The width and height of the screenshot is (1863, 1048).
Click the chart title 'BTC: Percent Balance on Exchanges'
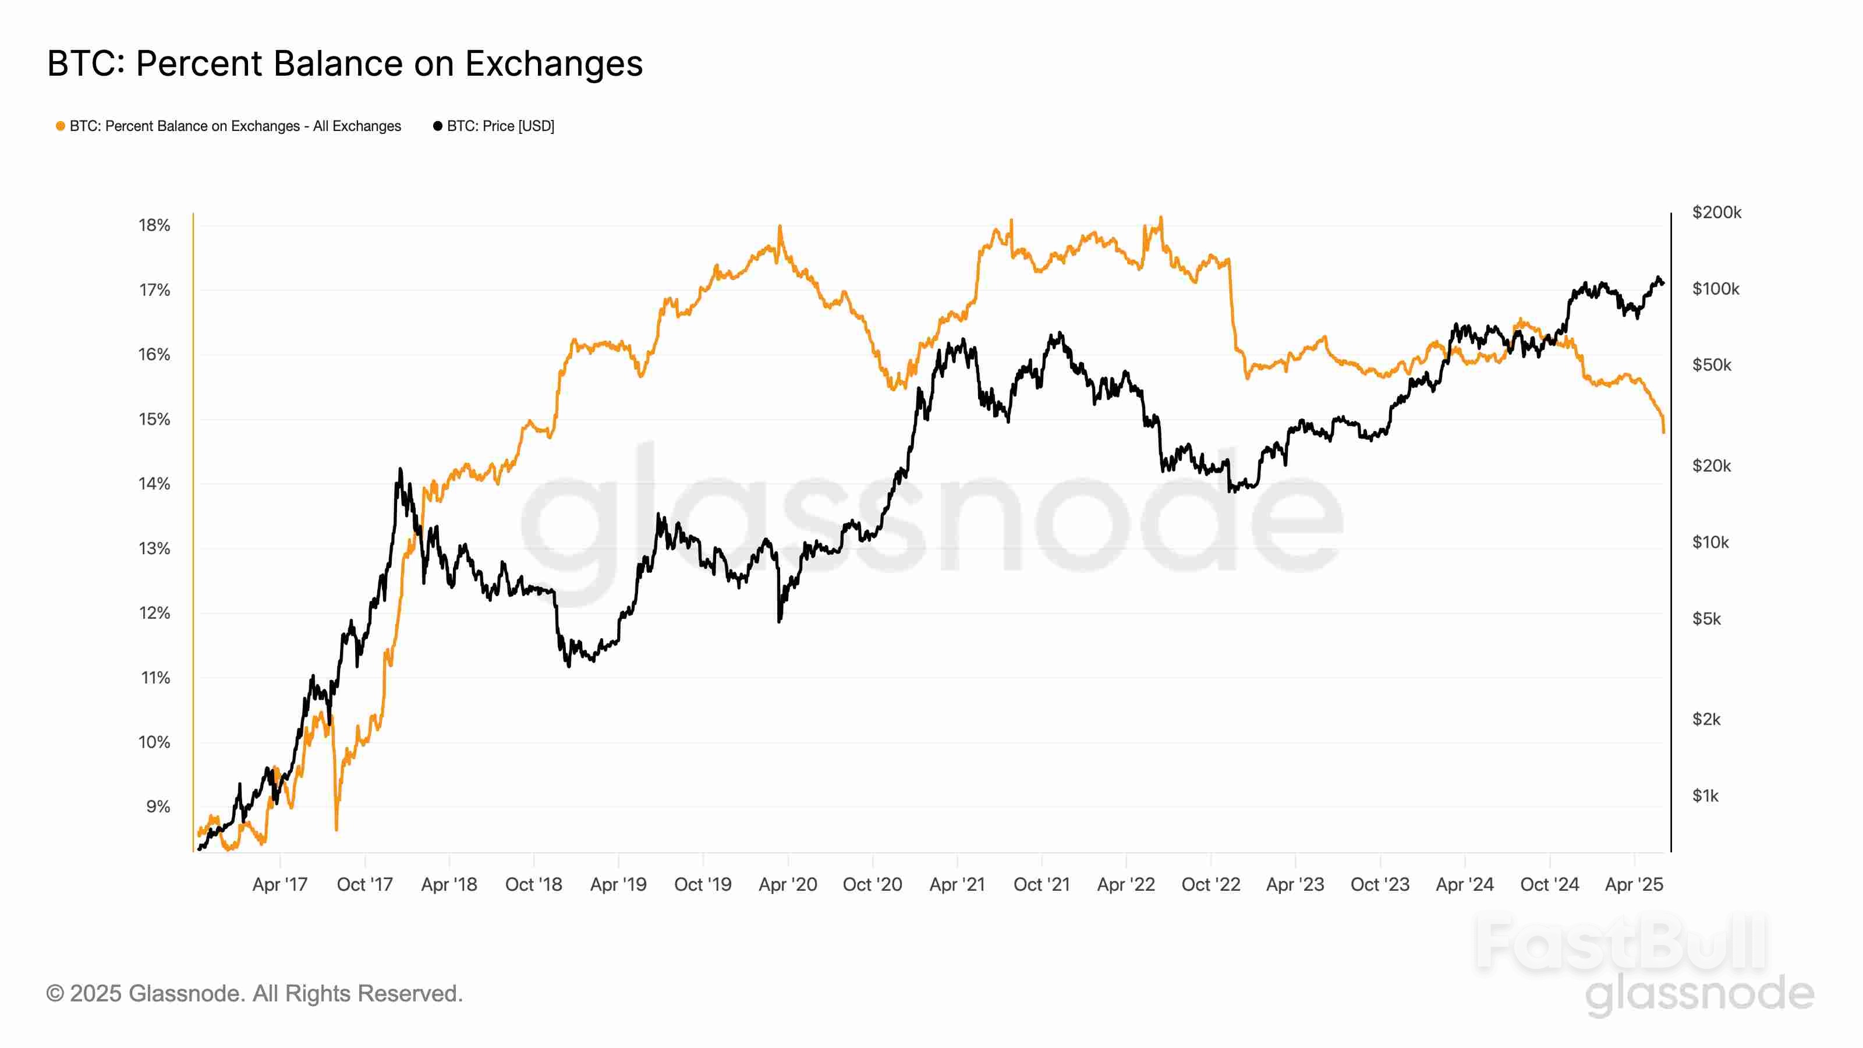[x=345, y=63]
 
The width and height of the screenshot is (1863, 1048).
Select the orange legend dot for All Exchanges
[x=61, y=126]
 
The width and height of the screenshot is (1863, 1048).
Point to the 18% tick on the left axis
[x=154, y=226]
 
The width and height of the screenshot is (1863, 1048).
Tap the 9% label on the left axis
[x=158, y=806]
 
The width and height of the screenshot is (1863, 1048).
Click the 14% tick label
[x=154, y=484]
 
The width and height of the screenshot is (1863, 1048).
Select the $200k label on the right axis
[x=1716, y=213]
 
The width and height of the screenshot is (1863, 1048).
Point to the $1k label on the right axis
[x=1705, y=795]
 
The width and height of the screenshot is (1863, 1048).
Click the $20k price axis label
[x=1711, y=466]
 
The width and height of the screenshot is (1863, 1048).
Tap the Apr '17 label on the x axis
[x=280, y=884]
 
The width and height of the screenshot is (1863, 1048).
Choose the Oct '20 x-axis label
[x=872, y=884]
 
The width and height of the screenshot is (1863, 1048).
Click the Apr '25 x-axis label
[x=1634, y=884]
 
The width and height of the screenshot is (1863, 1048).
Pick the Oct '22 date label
[x=1211, y=884]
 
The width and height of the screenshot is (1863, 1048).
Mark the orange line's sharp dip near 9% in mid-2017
[x=337, y=828]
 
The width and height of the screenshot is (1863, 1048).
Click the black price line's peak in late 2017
[x=400, y=469]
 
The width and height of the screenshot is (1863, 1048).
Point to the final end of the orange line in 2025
[x=1663, y=432]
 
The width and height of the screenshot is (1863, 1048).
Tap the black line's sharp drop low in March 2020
[x=779, y=621]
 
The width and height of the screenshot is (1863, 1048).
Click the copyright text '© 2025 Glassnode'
[x=254, y=994]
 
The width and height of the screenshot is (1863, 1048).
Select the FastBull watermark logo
[x=1620, y=944]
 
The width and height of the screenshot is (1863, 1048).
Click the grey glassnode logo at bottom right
[x=1699, y=994]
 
